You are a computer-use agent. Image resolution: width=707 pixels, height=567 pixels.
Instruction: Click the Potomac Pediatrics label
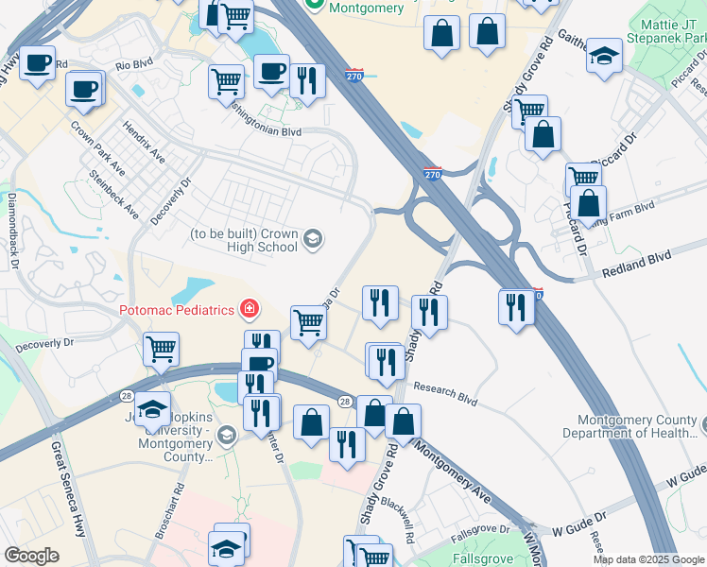177,310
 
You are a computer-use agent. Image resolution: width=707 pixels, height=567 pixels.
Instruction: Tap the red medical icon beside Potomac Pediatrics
250,309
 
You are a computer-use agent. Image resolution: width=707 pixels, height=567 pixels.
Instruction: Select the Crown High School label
244,240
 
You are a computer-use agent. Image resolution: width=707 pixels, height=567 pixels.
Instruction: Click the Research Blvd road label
444,391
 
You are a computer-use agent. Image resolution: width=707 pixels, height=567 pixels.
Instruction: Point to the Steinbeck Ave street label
113,195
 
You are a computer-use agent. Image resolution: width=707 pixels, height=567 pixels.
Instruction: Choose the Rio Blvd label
134,66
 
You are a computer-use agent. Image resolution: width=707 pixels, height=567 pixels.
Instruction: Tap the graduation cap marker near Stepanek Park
604,56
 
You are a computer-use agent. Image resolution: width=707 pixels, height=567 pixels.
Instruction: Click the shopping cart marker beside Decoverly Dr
161,349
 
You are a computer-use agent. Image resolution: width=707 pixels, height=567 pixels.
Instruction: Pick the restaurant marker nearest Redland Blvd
516,308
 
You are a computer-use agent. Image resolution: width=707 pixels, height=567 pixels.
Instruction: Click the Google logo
31,556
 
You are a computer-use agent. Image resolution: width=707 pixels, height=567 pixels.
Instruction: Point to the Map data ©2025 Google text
647,559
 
